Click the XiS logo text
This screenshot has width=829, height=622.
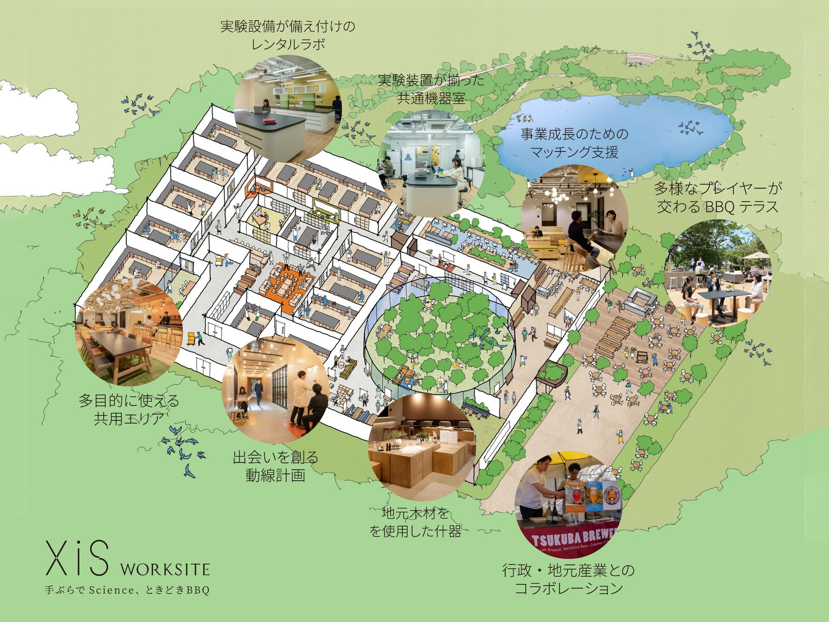pos(77,558)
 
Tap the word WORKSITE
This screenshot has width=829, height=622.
pos(165,569)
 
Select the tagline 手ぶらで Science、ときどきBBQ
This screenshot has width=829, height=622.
pos(127,590)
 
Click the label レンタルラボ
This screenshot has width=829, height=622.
pos(288,44)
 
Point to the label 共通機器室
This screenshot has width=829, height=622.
pos(431,98)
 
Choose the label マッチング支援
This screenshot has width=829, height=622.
pos(574,152)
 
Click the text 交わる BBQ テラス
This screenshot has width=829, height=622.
pos(718,207)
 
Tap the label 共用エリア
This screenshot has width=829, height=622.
pos(129,418)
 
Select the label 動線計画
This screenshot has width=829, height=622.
pos(275,475)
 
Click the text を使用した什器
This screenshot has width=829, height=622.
pos(415,531)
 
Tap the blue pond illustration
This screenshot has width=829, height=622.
pos(613,134)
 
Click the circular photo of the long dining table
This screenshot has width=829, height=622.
pos(129,332)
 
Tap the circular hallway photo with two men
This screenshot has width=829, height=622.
pos(275,387)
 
